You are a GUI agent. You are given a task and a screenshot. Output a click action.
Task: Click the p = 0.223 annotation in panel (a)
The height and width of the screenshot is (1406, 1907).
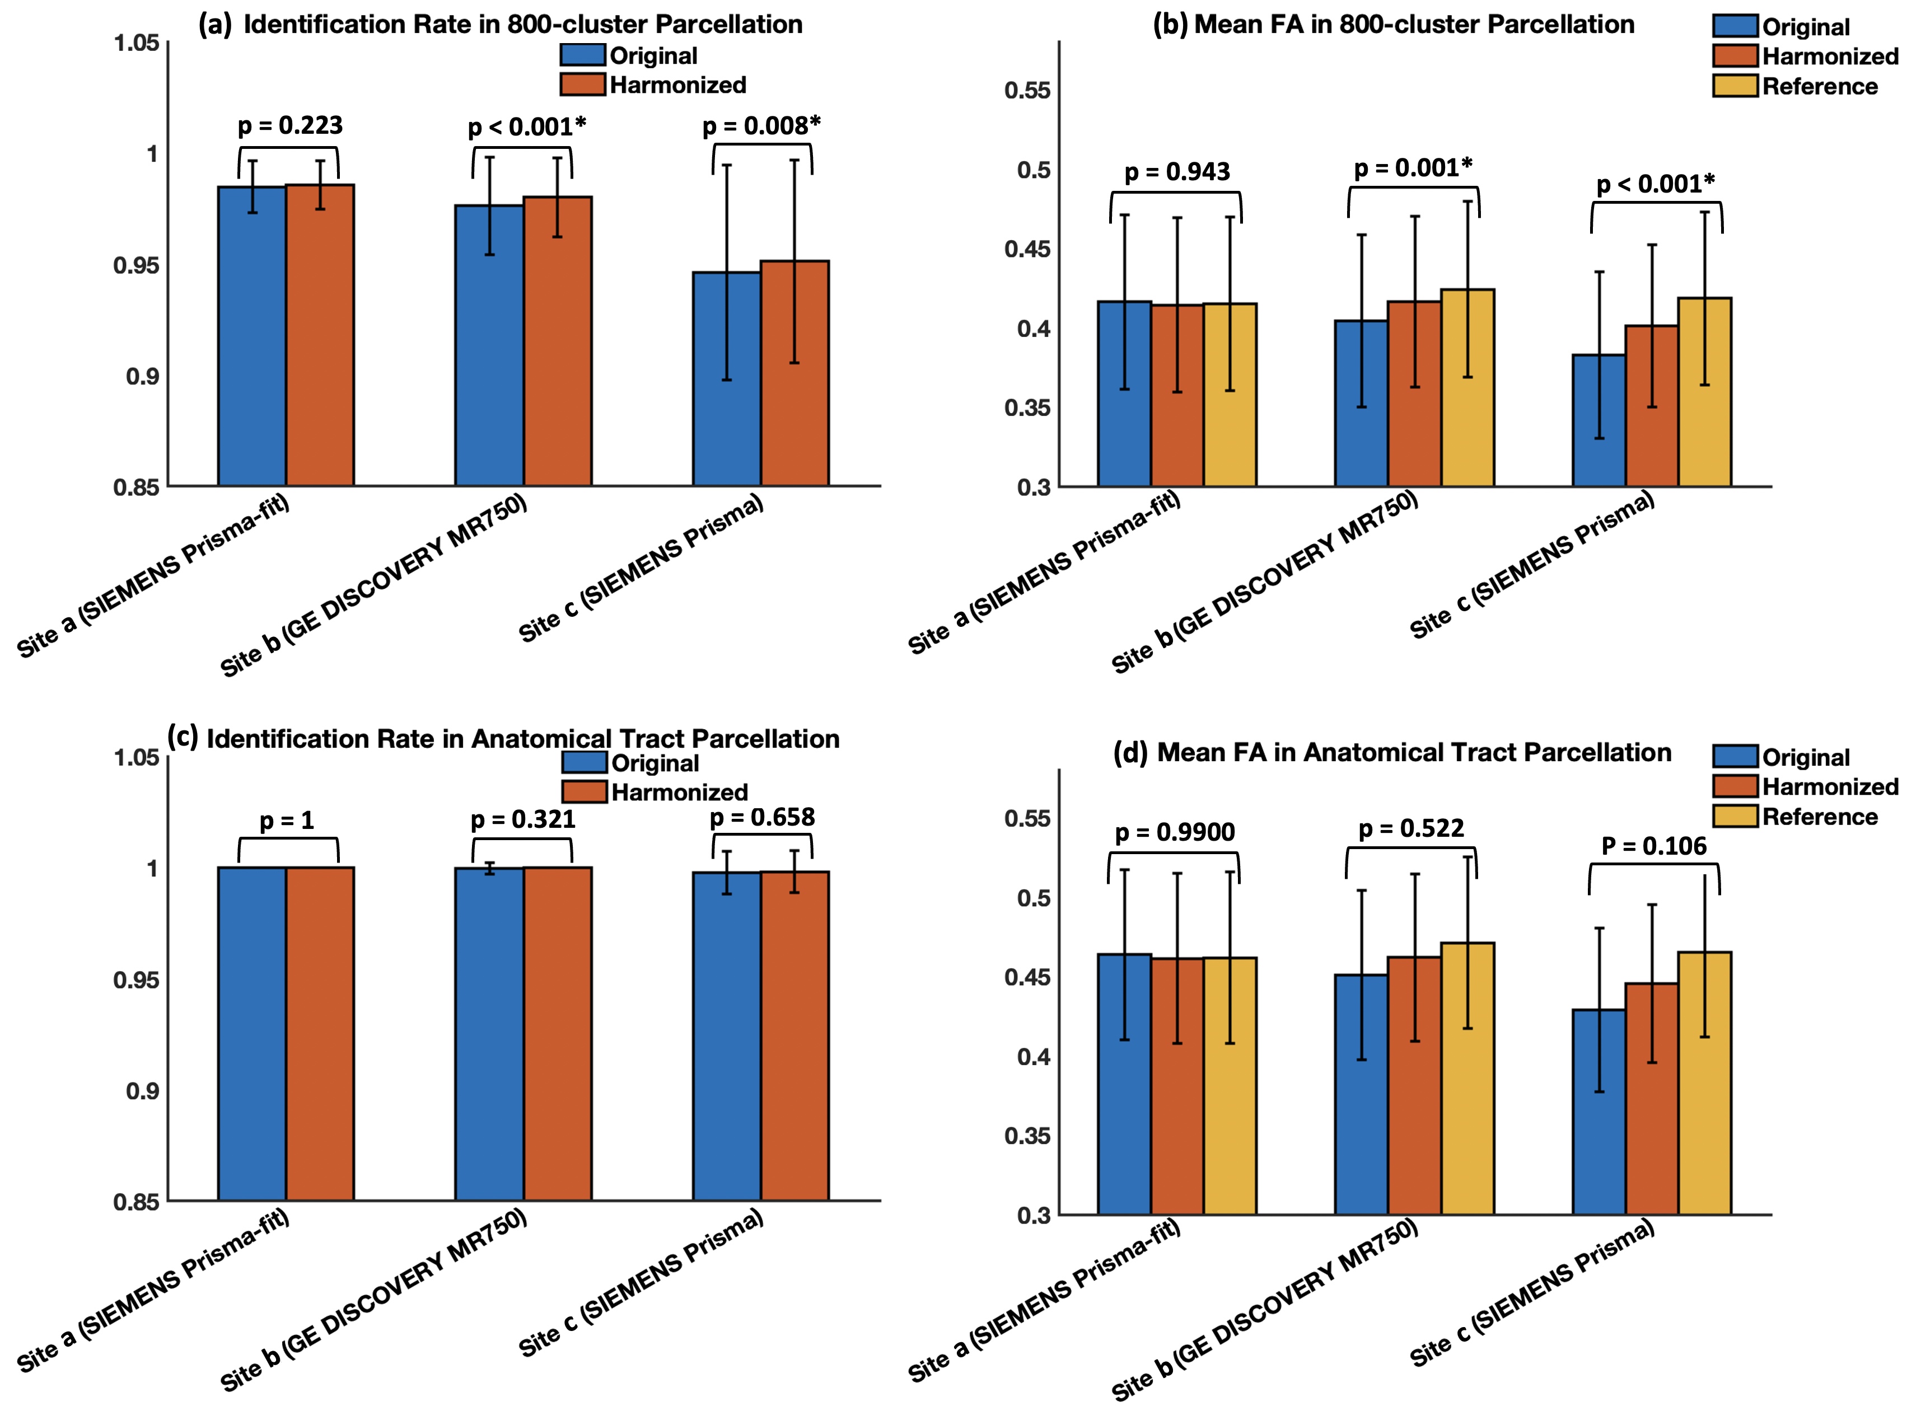pos(291,126)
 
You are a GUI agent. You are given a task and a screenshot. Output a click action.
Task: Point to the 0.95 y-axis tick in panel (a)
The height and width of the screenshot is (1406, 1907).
pos(136,265)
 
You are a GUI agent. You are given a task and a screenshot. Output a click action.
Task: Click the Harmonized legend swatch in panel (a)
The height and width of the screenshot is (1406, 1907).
pos(582,85)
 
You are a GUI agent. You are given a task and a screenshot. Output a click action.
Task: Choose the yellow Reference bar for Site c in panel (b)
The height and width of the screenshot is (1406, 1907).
pos(1704,391)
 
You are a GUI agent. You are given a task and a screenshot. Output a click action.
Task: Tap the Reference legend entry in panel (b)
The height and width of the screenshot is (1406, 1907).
pos(1819,87)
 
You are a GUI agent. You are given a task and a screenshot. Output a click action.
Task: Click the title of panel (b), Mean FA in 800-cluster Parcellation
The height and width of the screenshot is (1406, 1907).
pos(1393,24)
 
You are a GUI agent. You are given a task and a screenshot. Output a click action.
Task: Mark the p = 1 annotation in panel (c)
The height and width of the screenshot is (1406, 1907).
pos(287,821)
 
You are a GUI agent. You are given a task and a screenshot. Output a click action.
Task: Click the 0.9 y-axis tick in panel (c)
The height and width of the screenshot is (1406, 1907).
pos(142,1091)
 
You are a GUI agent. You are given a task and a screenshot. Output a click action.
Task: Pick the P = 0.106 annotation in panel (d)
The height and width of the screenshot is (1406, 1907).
pos(1653,846)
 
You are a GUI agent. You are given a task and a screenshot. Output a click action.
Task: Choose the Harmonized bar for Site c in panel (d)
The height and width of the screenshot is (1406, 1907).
pos(1652,1098)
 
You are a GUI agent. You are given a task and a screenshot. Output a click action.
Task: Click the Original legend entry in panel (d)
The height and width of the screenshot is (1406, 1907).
pos(1805,757)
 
